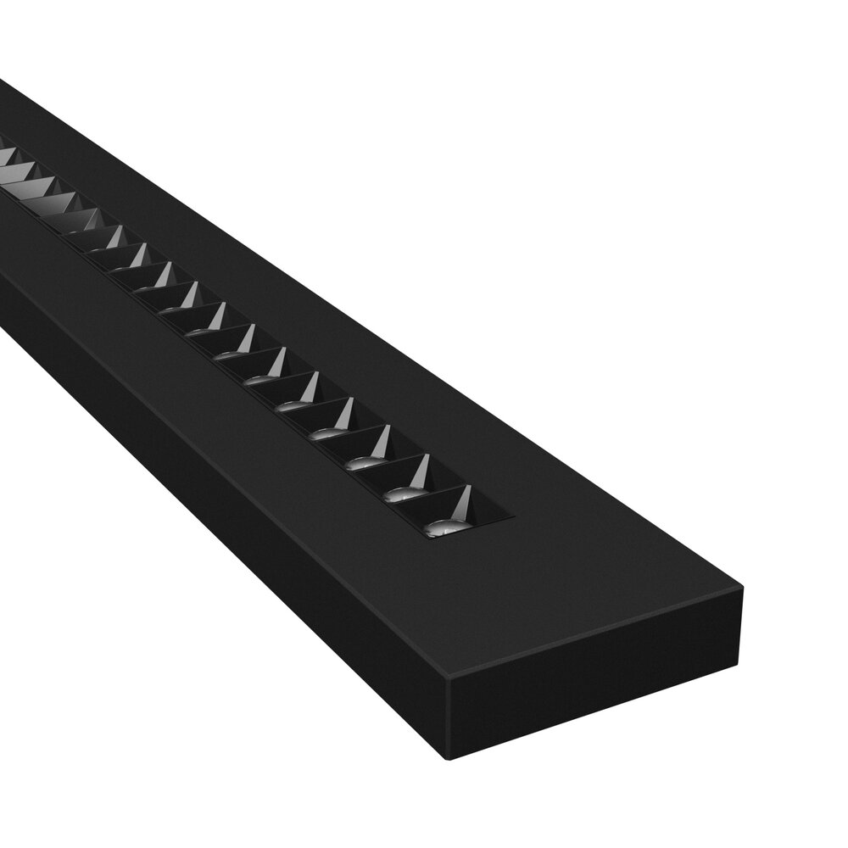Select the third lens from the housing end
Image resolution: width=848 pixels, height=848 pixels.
click(365, 463)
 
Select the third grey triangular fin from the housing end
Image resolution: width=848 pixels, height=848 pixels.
click(381, 441)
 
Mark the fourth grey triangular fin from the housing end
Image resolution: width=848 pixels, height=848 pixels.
click(343, 413)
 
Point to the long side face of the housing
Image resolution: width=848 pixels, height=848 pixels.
click(212, 475)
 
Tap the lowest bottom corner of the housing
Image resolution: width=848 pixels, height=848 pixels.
click(449, 758)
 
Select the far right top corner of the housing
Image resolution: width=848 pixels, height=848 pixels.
click(743, 589)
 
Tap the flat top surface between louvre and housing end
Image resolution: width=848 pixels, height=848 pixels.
click(577, 577)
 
